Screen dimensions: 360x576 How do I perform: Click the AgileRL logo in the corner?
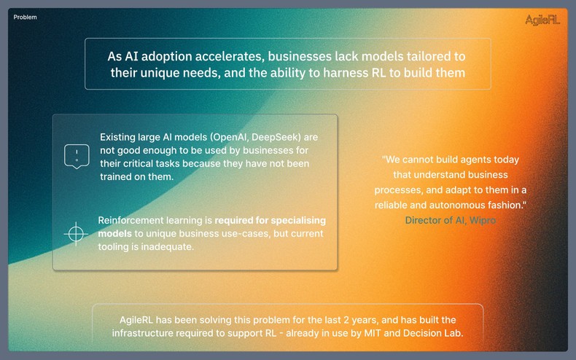[542, 20]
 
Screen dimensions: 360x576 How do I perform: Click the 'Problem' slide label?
[25, 17]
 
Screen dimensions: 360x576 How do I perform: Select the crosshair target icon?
[75, 234]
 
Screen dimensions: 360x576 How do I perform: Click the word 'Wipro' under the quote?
[483, 220]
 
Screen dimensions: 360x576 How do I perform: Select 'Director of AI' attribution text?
[435, 220]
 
